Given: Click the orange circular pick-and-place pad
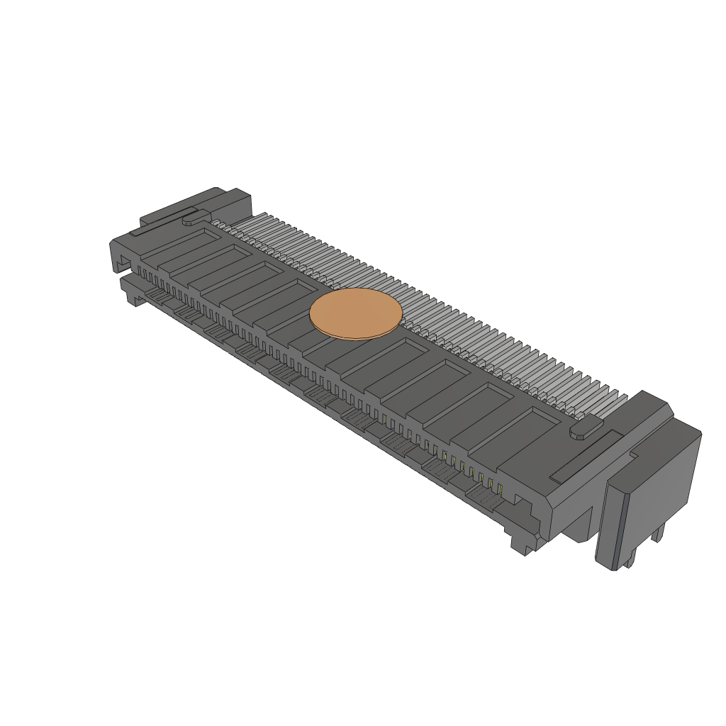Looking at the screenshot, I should point(356,313).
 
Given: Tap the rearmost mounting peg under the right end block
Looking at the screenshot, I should point(659,534).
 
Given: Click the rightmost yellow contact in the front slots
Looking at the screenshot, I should point(500,489).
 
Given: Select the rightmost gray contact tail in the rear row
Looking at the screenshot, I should point(617,399).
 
